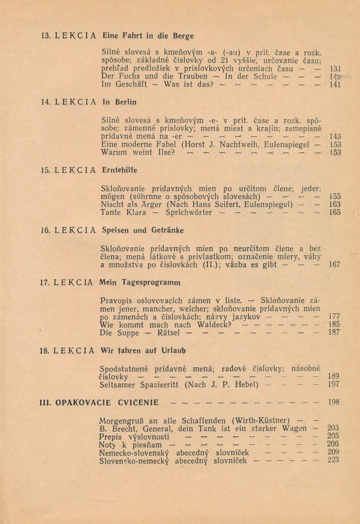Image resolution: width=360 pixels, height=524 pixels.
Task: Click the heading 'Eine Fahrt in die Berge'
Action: tap(144, 36)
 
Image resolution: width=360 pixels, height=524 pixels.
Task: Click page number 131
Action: tap(335, 68)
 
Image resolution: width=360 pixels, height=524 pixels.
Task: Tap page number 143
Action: tap(335, 136)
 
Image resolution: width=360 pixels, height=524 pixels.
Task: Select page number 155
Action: tap(335, 196)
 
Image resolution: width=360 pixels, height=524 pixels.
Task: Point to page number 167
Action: tap(335, 264)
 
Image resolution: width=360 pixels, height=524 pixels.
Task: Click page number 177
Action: tap(335, 316)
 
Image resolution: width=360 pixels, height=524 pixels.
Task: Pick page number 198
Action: tap(335, 402)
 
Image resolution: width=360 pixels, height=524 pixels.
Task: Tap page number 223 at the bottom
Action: tap(334, 460)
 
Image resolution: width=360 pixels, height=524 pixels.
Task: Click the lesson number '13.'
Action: tap(45, 36)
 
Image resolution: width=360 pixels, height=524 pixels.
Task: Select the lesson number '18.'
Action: tap(45, 349)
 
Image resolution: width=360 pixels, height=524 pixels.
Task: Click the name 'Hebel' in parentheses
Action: tap(246, 384)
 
